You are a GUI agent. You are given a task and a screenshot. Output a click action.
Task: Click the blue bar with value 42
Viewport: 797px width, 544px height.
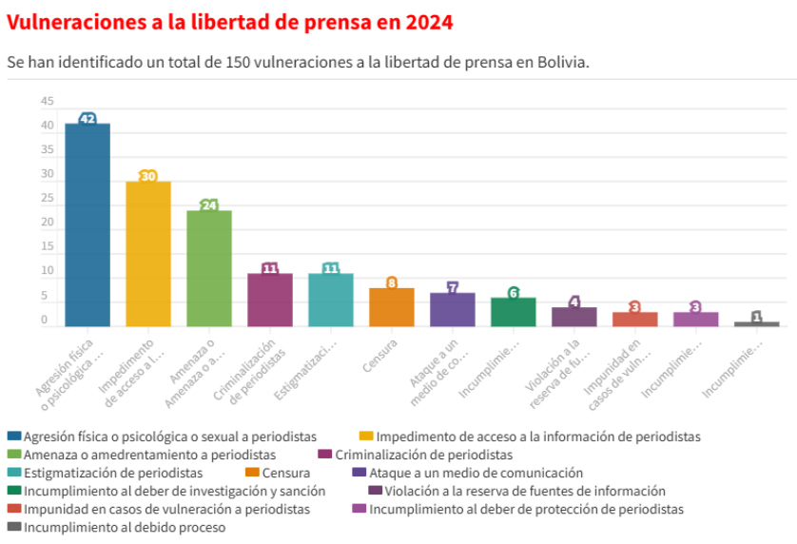87,225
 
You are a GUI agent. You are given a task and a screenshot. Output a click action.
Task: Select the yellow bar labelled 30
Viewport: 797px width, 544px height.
148,254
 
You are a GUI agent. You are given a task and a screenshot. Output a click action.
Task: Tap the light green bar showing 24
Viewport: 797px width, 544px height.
209,269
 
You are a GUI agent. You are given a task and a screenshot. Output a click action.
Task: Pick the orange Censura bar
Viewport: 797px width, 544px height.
392,307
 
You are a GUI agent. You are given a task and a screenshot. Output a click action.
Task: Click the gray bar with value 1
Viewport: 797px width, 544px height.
757,324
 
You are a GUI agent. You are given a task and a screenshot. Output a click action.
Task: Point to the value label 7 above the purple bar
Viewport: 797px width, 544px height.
453,287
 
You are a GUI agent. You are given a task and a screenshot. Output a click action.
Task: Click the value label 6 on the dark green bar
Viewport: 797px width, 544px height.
514,293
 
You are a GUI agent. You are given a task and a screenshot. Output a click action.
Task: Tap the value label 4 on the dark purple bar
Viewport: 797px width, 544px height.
574,302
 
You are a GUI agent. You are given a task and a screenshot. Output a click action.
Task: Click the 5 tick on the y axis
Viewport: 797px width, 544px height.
45,297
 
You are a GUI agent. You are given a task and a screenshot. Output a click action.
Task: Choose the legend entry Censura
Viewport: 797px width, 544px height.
285,473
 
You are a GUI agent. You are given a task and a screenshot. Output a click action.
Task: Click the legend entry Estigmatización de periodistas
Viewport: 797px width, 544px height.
112,473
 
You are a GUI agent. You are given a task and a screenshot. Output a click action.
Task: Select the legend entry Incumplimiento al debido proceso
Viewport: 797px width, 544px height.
124,527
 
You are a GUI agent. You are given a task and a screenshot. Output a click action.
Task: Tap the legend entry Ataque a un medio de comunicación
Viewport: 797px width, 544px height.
476,473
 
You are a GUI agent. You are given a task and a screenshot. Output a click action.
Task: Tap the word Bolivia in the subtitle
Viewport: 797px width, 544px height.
561,62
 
